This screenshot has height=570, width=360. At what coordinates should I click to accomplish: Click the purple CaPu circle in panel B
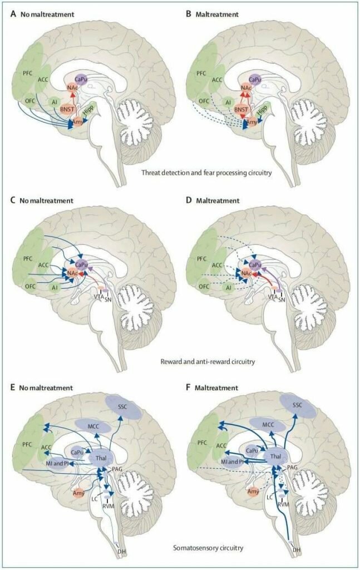coord(255,81)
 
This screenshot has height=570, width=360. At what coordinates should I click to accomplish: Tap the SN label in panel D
coord(282,298)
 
